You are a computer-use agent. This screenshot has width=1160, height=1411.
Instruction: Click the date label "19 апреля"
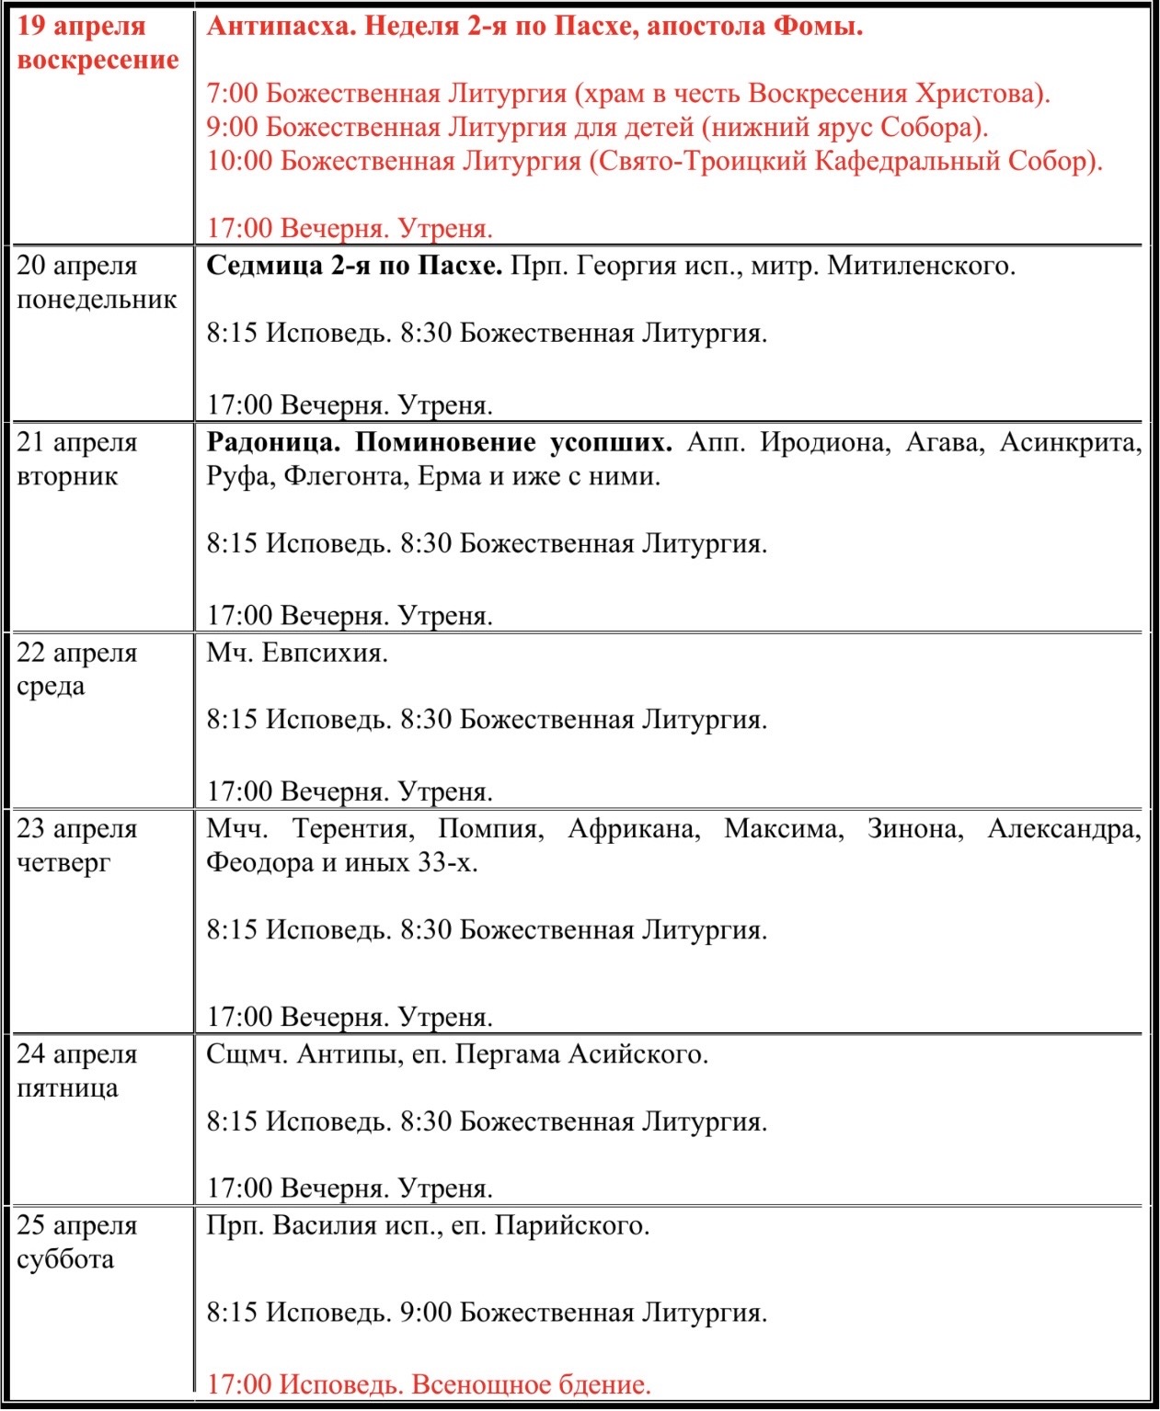pyautogui.click(x=81, y=26)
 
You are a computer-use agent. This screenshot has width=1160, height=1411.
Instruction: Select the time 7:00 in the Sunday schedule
pyautogui.click(x=232, y=94)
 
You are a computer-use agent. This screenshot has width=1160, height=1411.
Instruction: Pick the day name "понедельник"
pyautogui.click(x=97, y=300)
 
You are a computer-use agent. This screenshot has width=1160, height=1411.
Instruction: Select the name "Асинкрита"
pyautogui.click(x=1070, y=443)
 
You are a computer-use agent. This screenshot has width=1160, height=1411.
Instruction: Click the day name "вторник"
pyautogui.click(x=67, y=477)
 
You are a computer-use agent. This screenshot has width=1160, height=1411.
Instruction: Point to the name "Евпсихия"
pyautogui.click(x=325, y=654)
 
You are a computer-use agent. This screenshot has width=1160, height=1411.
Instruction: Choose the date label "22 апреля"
pyautogui.click(x=77, y=654)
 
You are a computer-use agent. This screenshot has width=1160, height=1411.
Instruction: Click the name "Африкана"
pyautogui.click(x=634, y=829)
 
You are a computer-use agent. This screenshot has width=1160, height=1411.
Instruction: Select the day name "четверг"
pyautogui.click(x=63, y=863)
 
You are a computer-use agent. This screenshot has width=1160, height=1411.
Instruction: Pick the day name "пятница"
pyautogui.click(x=67, y=1088)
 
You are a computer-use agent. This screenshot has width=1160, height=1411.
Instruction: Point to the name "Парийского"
pyautogui.click(x=571, y=1226)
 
